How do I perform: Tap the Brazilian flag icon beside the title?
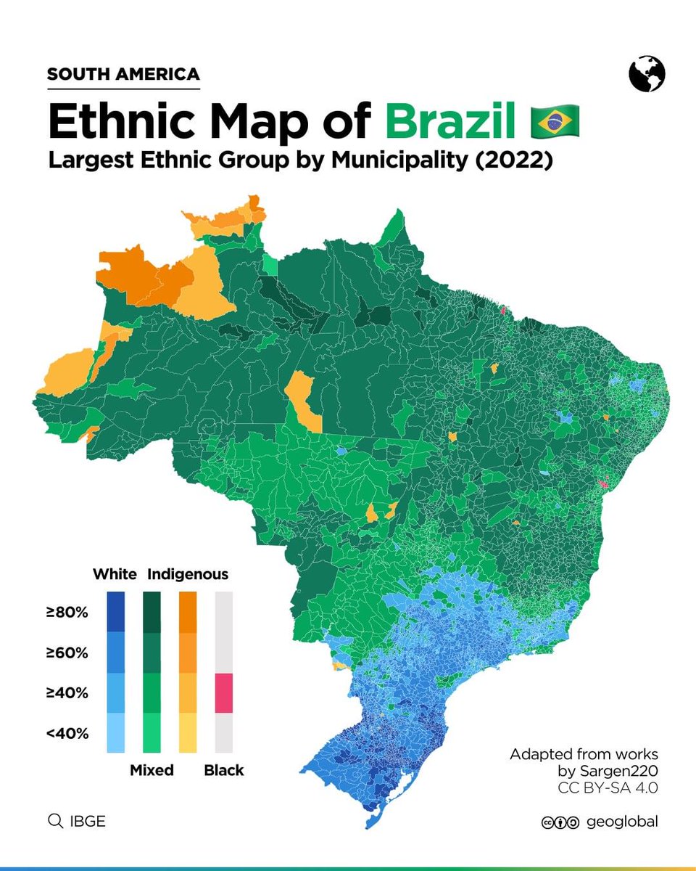coord(555,122)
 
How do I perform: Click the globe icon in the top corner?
coord(647,75)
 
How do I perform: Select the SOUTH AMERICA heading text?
coord(123,74)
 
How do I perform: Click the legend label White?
coord(115,574)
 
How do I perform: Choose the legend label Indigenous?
coord(188,574)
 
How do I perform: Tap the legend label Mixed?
coord(152,770)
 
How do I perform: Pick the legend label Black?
coord(224,770)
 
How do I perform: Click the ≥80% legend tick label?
coord(67,613)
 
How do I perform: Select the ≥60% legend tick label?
coord(67,653)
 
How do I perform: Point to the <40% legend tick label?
coord(67,733)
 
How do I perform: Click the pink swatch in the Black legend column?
coord(224,693)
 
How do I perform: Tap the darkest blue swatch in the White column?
coord(115,611)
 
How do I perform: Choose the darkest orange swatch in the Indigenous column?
coord(188,611)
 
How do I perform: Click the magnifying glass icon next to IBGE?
coord(54,821)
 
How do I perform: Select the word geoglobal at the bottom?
coord(624,822)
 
